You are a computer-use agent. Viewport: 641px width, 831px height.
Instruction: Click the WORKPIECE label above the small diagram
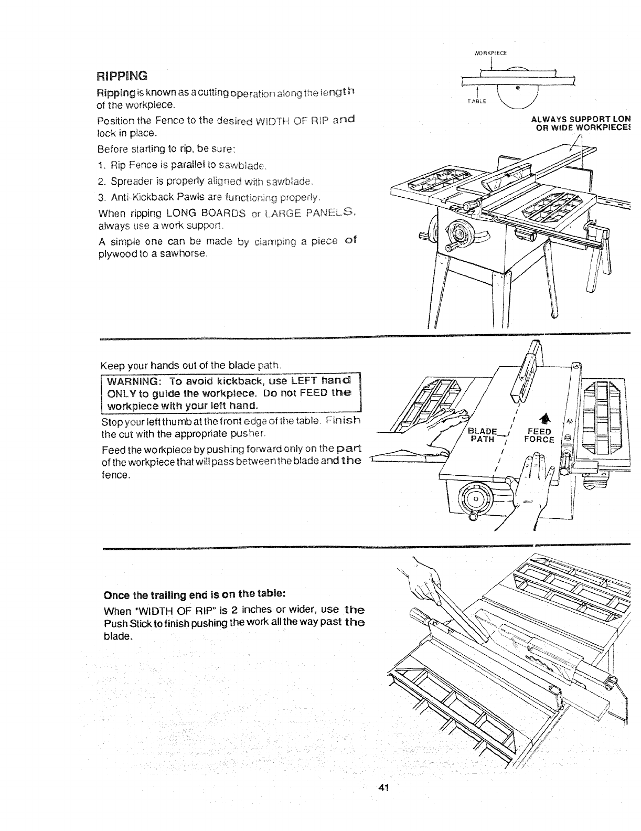click(x=489, y=52)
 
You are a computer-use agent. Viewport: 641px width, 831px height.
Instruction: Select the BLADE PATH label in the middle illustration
click(x=481, y=435)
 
